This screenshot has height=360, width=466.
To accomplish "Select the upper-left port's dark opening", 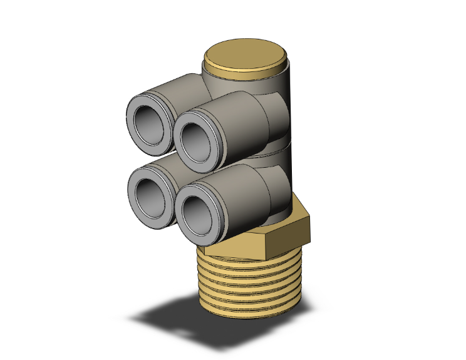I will [150, 125].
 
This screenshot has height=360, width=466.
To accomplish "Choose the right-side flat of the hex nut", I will [304, 227].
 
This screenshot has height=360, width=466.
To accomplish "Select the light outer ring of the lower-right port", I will [181, 213].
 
